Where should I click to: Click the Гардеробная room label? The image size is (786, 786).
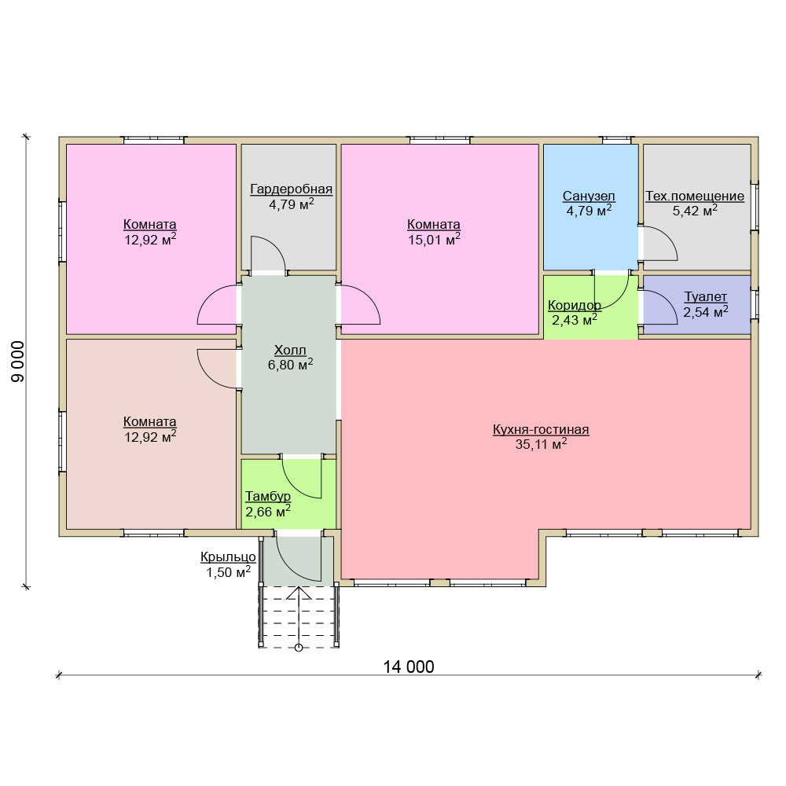[292, 189]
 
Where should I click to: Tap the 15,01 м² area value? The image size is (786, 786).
[434, 239]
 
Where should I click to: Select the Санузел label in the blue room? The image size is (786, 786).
[589, 196]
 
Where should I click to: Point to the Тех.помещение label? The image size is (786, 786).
[695, 196]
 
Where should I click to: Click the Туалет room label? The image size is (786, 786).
[706, 297]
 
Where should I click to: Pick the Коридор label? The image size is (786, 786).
[575, 305]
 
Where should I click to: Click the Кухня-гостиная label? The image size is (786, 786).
[541, 430]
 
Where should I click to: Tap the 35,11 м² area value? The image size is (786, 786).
[541, 444]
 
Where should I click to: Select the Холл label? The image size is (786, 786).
[290, 350]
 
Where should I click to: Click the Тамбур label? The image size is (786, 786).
[268, 496]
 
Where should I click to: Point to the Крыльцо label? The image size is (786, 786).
[228, 557]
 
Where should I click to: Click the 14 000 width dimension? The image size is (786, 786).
[409, 667]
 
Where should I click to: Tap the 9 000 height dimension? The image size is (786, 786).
[18, 362]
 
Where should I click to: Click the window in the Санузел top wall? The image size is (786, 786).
[618, 140]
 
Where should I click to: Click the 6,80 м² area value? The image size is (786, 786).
[290, 365]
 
